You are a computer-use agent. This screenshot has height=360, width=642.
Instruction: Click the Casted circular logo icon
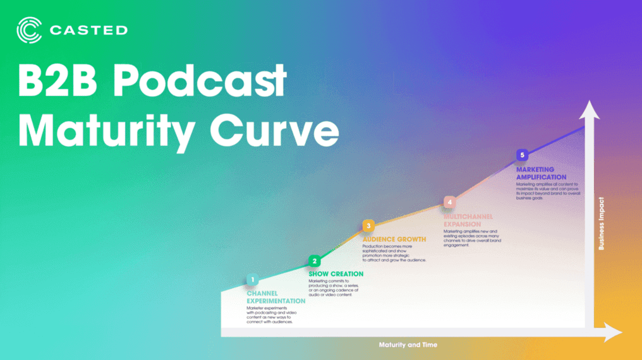(x=29, y=30)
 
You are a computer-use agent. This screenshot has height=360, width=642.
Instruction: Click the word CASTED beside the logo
(x=89, y=30)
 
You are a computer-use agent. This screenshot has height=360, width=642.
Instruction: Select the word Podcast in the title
(x=202, y=81)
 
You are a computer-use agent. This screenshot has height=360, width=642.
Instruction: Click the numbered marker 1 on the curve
(x=252, y=279)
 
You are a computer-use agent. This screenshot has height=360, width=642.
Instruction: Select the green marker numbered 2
(x=315, y=261)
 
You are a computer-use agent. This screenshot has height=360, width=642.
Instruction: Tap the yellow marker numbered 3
(x=368, y=225)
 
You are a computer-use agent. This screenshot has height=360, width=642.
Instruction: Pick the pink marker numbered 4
(x=449, y=202)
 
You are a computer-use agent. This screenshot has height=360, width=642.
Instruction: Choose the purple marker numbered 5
(x=521, y=155)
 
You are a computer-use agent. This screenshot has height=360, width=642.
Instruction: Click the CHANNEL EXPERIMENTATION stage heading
(x=276, y=297)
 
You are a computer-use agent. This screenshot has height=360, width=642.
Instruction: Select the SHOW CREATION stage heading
(x=336, y=273)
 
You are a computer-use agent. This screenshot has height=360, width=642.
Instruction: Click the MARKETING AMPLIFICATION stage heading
(x=541, y=173)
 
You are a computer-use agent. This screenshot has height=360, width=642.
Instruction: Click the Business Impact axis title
(x=601, y=225)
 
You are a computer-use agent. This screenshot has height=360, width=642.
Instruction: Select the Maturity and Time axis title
(x=408, y=345)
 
